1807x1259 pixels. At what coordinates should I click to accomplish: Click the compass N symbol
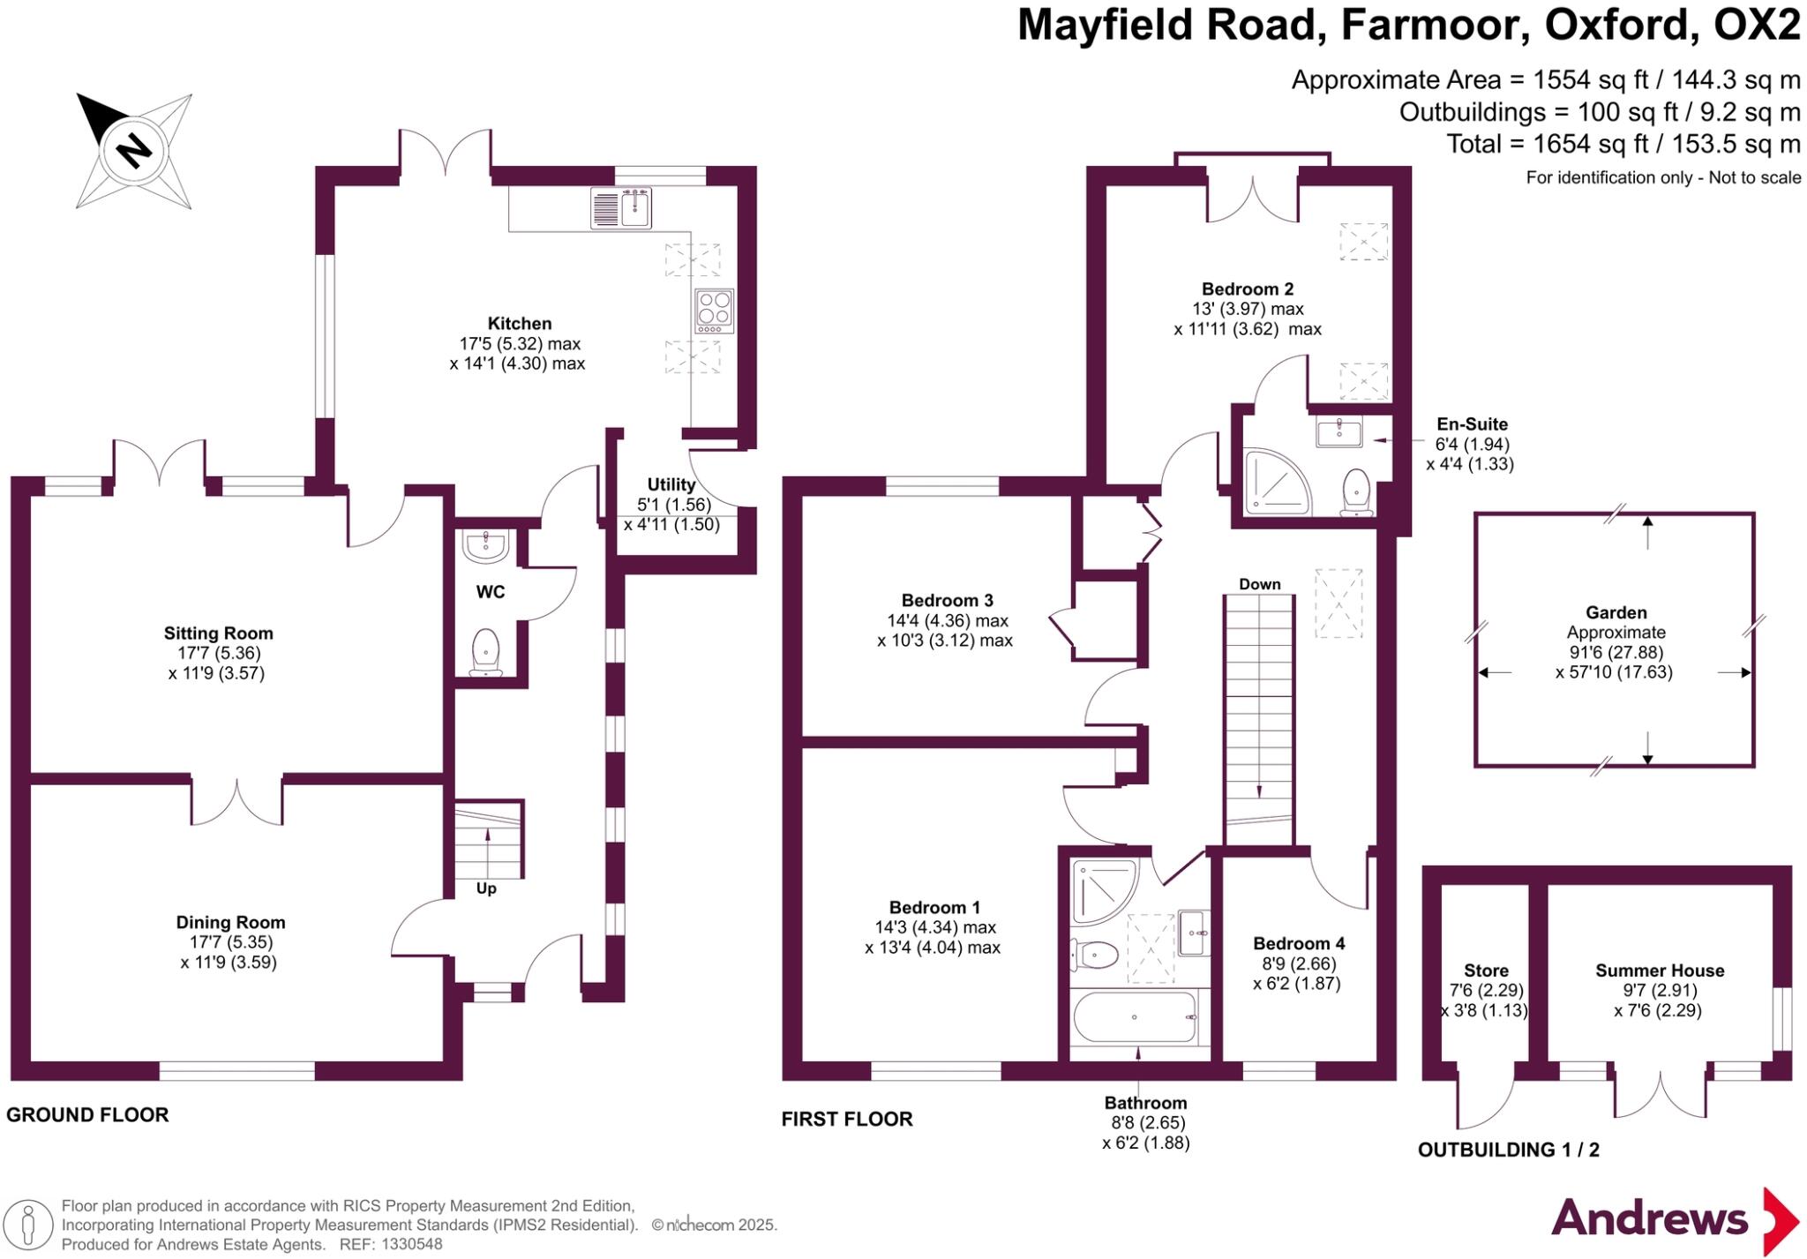pyautogui.click(x=133, y=151)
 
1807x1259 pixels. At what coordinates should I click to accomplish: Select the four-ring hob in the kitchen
pyautogui.click(x=714, y=311)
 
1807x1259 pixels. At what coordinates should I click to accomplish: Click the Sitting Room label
pyautogui.click(x=218, y=633)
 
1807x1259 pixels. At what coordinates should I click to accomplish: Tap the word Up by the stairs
pyautogui.click(x=486, y=888)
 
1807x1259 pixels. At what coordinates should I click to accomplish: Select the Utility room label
pyautogui.click(x=671, y=484)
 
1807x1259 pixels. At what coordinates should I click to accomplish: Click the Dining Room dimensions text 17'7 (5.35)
pyautogui.click(x=230, y=942)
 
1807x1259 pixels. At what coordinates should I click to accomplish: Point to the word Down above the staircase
pyautogui.click(x=1259, y=584)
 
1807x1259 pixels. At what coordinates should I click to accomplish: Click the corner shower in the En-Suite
pyautogui.click(x=1273, y=483)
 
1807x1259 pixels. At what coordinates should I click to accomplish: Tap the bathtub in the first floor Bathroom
pyautogui.click(x=1135, y=1017)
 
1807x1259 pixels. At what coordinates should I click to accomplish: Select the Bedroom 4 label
pyautogui.click(x=1299, y=943)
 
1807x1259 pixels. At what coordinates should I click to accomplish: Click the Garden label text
pyautogui.click(x=1616, y=612)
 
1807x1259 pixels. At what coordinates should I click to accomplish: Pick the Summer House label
pyautogui.click(x=1659, y=970)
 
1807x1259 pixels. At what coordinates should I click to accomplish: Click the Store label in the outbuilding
pyautogui.click(x=1486, y=970)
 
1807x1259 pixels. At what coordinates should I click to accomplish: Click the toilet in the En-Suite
pyautogui.click(x=1355, y=491)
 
